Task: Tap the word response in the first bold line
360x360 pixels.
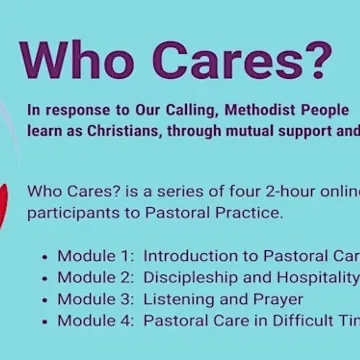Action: point(74,110)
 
